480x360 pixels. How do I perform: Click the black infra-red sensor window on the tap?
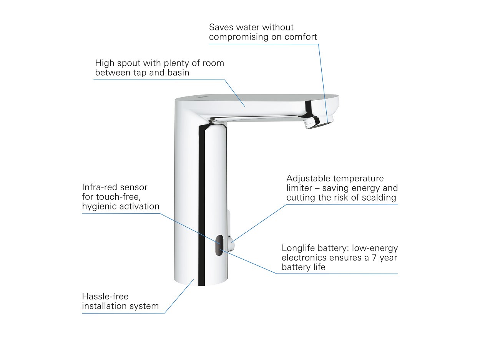[219, 245]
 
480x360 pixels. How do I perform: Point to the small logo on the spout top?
[202, 97]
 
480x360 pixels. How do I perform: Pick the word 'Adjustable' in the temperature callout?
[307, 179]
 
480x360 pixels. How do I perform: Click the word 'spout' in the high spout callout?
[130, 63]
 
